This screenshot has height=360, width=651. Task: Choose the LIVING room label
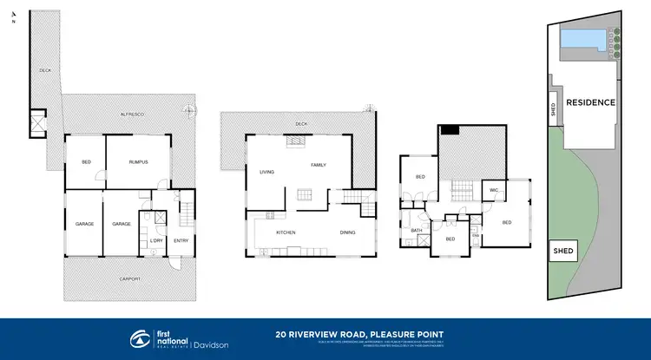(x=266, y=172)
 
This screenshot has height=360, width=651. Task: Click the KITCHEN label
(x=286, y=232)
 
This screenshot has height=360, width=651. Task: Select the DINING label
(x=347, y=232)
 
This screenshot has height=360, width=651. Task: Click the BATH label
(x=417, y=230)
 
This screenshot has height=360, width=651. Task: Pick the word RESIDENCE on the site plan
(x=590, y=102)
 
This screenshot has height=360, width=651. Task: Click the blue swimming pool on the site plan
(x=580, y=38)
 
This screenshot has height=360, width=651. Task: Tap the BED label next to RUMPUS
(x=86, y=162)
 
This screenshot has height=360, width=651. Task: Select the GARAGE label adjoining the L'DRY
(x=121, y=224)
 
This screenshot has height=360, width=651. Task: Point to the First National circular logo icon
(x=139, y=338)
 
